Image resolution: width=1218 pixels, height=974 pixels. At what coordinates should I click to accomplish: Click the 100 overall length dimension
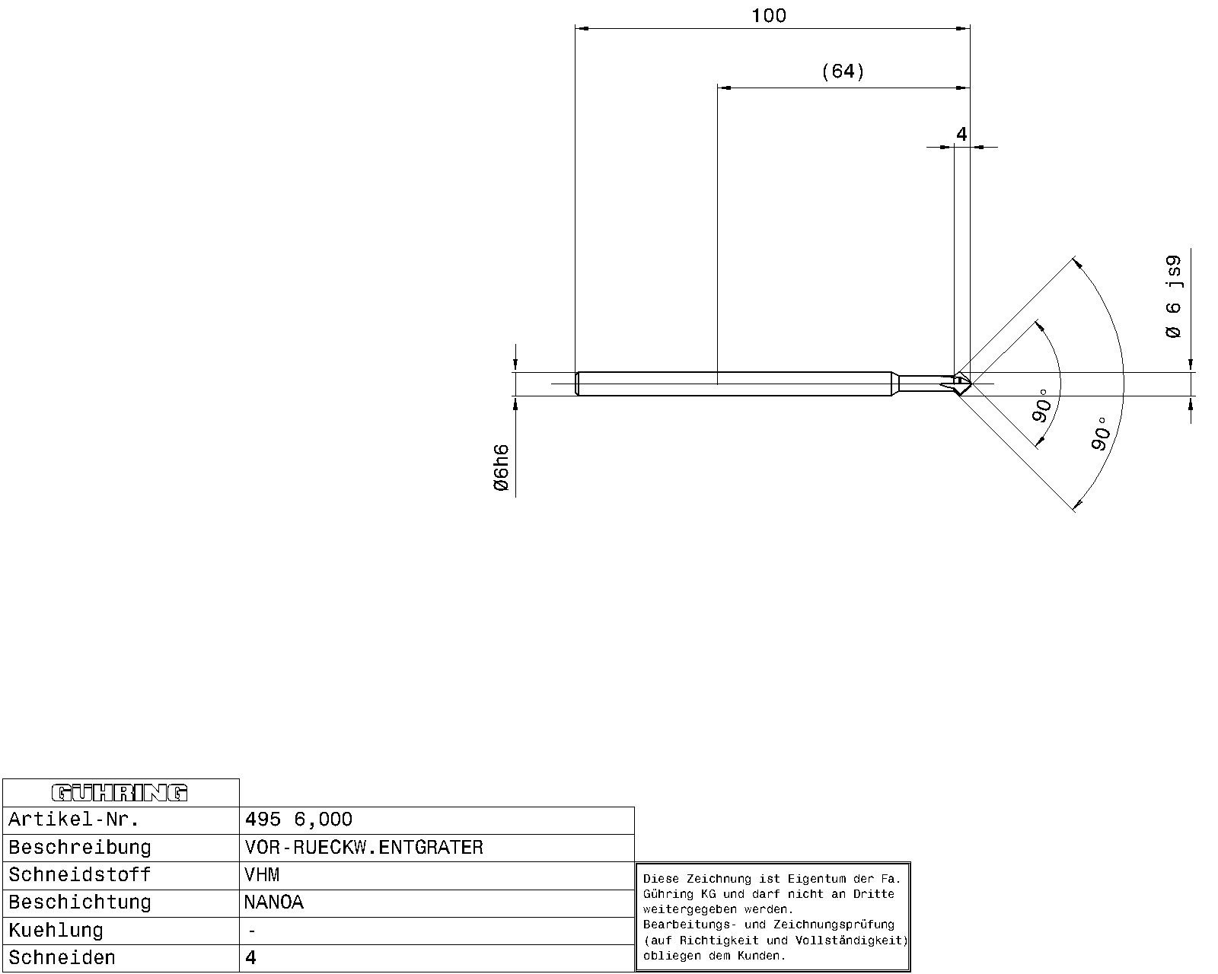coord(769,16)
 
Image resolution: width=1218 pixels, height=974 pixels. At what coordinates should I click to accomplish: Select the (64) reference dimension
coord(843,72)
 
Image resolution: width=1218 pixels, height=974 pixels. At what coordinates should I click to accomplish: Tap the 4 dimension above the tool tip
coord(961,134)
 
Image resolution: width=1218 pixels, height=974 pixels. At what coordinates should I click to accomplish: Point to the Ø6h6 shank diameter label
coord(502,467)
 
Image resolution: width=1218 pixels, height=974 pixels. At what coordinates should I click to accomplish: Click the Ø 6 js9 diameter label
coord(1173,297)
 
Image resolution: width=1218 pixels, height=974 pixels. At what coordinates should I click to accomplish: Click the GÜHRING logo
coord(120,793)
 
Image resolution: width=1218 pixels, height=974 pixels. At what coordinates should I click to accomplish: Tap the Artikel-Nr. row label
coord(74,820)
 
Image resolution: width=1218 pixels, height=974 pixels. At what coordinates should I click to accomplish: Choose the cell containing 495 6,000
coord(436,820)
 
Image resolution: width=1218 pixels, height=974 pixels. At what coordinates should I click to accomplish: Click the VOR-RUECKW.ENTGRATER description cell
coord(436,848)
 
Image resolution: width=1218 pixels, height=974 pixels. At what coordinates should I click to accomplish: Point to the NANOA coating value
coord(274,902)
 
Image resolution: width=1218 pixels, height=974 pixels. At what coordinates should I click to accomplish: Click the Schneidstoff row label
coord(80,875)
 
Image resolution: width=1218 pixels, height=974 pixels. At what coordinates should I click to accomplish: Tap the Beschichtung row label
coord(80,902)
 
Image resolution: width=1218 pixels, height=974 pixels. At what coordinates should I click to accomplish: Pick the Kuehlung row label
coord(56,931)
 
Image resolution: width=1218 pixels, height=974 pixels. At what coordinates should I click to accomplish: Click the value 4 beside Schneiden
coord(250,957)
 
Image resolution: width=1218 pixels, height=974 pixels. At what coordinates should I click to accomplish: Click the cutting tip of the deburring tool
coord(971,384)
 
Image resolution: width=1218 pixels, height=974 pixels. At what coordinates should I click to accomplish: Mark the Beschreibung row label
coord(80,848)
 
